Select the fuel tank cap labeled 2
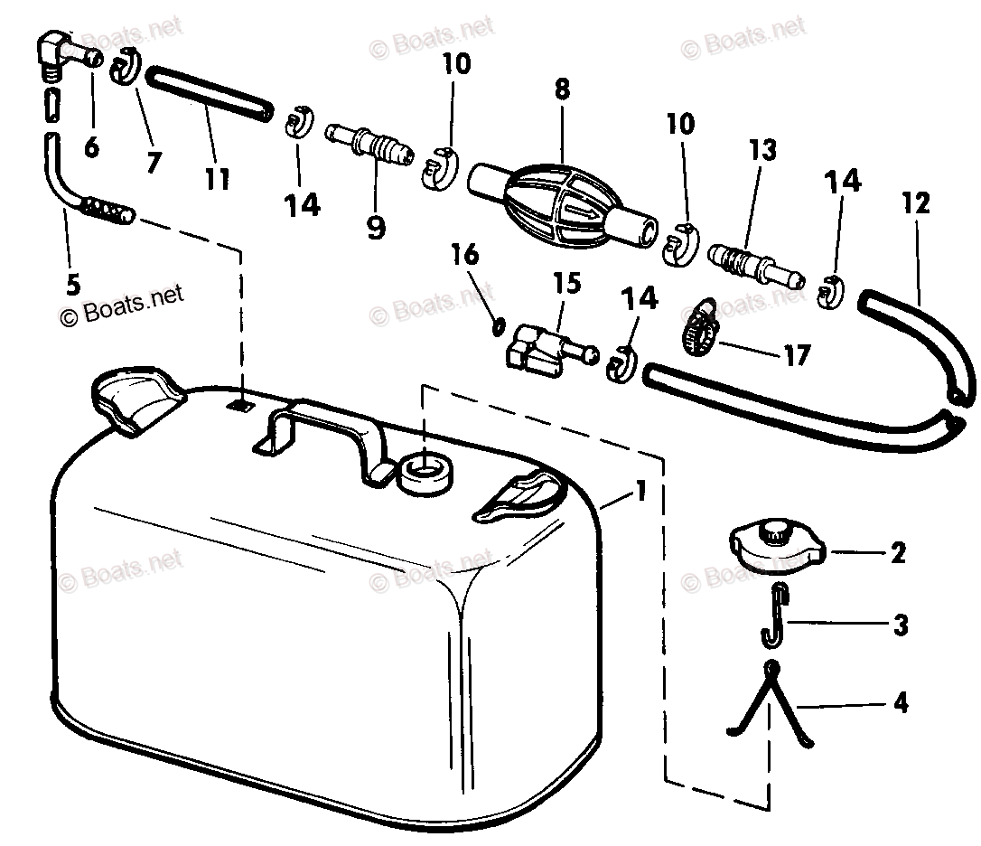coord(776,548)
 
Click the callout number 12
coord(915,203)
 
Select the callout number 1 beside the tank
coord(640,493)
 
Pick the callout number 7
coord(153,162)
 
